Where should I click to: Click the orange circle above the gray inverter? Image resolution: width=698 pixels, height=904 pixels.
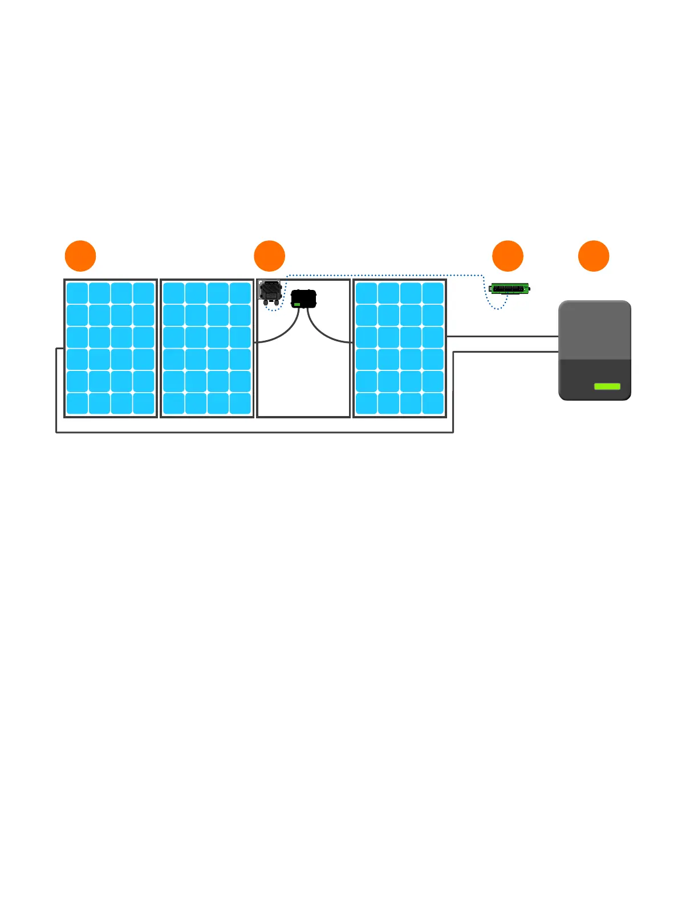pos(594,256)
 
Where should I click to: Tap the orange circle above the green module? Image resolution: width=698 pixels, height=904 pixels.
pos(508,256)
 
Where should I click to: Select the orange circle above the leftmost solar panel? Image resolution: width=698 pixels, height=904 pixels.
pos(80,256)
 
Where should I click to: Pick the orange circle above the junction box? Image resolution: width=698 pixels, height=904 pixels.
pos(269,256)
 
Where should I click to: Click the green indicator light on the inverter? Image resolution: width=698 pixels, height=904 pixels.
pos(607,386)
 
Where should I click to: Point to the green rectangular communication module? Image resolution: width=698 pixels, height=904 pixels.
pos(510,289)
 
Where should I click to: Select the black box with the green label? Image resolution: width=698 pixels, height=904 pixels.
pos(303,298)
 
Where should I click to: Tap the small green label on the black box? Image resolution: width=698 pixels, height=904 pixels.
pos(297,305)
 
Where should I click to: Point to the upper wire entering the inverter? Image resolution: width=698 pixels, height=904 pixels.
pos(502,337)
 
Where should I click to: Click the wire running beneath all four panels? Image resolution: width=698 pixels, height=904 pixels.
pos(257,432)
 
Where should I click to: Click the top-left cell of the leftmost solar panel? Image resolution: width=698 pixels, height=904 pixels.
pos(77,293)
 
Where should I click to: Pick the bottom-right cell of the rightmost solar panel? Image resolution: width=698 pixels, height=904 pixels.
pos(433,403)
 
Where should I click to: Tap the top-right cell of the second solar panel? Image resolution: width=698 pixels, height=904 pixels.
pos(240,293)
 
